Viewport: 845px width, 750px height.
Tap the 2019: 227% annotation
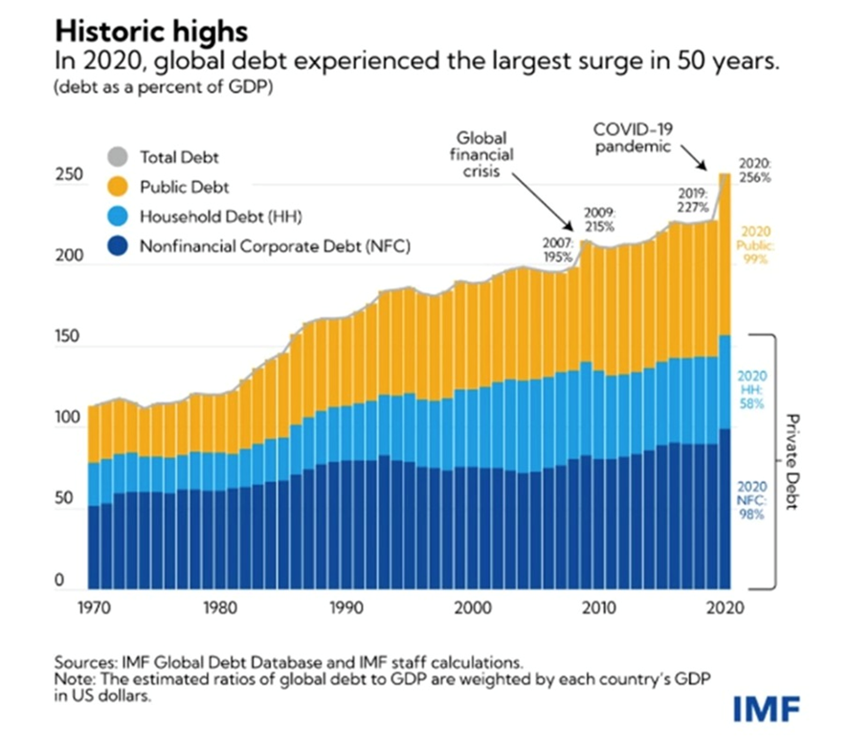pyautogui.click(x=694, y=200)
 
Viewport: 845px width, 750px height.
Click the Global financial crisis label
pyautogui.click(x=484, y=154)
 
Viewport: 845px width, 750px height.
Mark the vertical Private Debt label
pyautogui.click(x=792, y=462)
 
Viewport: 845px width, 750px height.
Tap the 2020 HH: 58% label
pyautogui.click(x=751, y=389)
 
